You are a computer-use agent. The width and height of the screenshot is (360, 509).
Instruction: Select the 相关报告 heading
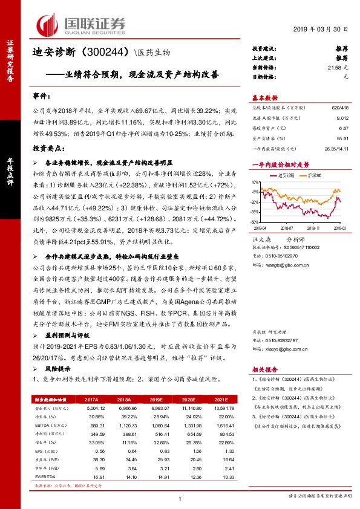pos(264,368)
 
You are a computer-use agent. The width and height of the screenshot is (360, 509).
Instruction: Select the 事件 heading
pos(41,97)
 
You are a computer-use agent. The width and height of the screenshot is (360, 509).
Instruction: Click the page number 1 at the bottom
pos(180,498)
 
